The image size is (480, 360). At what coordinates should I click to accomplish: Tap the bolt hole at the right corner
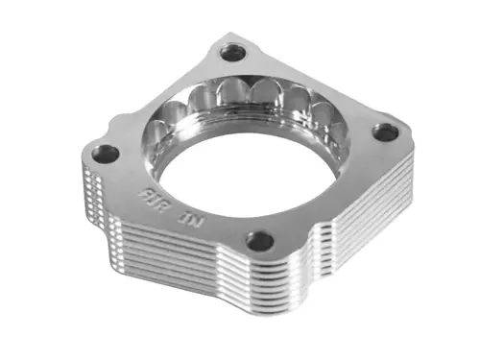click(385, 132)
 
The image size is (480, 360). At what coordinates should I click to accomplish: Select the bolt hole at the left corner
click(106, 153)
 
